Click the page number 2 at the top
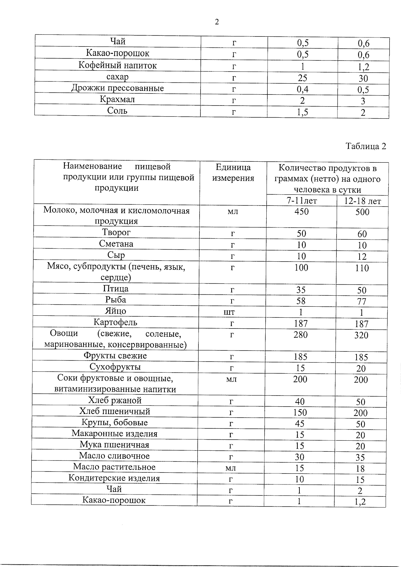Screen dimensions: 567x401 217,22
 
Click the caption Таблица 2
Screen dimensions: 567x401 366,146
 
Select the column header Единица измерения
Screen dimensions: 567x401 233,172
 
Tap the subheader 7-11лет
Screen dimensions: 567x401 301,200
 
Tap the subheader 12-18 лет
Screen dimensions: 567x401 363,201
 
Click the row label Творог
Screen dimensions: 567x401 116,232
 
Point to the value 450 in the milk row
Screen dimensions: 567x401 301,211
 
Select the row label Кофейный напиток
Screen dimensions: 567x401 118,65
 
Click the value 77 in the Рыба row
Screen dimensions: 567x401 362,302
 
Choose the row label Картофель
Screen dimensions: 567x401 115,322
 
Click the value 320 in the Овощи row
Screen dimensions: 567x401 361,335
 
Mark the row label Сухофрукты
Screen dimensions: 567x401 115,367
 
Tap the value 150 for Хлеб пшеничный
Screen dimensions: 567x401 300,413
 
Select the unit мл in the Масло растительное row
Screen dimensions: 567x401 230,468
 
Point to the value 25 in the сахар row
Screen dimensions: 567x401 302,78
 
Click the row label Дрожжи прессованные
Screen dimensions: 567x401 118,88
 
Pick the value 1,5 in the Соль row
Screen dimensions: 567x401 302,113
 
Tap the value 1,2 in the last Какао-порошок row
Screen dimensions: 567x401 360,502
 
